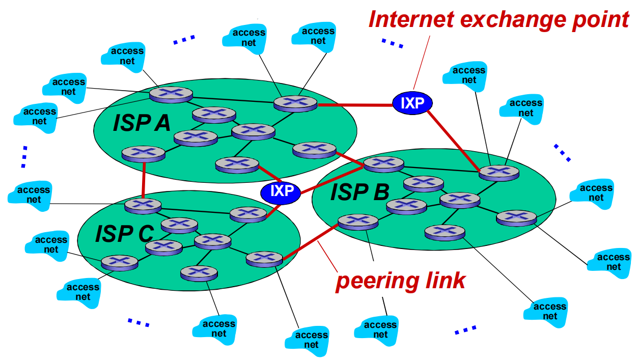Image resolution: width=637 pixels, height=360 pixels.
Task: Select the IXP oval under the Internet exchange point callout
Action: [x=412, y=103]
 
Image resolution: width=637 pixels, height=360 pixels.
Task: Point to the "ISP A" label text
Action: [x=142, y=123]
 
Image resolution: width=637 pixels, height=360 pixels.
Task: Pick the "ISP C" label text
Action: [x=124, y=234]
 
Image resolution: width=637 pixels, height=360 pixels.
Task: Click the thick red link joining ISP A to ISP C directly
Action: [x=144, y=178]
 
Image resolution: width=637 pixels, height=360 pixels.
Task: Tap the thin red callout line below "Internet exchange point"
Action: [x=422, y=61]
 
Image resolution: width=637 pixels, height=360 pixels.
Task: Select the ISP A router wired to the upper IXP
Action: [x=295, y=103]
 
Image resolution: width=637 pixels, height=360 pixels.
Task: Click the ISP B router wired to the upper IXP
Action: [x=498, y=173]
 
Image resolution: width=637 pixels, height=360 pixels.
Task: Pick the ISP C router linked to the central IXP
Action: [x=248, y=214]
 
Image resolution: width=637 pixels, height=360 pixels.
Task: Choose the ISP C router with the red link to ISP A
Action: [x=143, y=206]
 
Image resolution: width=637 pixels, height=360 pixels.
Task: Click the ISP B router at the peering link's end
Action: [x=358, y=221]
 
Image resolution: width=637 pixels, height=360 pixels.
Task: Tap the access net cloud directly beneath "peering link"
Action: [x=380, y=329]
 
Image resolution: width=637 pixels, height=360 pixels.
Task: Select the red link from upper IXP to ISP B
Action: [x=455, y=139]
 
